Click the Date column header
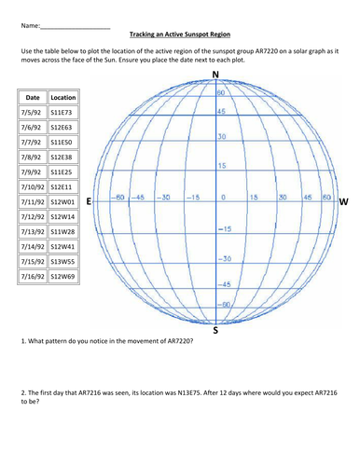coord(33,97)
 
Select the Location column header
coord(63,97)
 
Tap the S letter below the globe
coord(216,329)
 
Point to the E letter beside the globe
coord(89,200)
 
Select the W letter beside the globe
coord(343,200)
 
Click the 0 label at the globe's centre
coord(223,198)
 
